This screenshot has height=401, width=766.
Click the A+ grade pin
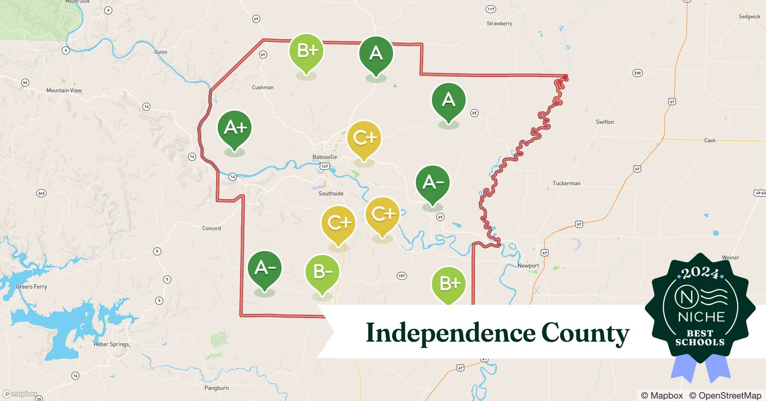pyautogui.click(x=235, y=128)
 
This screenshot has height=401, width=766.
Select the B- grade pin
pyautogui.click(x=322, y=272)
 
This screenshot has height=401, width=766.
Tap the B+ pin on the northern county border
pyautogui.click(x=306, y=52)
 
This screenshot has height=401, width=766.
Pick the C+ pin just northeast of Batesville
pyautogui.click(x=364, y=138)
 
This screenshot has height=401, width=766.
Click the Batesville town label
pyautogui.click(x=324, y=157)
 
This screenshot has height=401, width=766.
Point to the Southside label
pyautogui.click(x=331, y=193)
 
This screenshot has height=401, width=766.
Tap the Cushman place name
pyautogui.click(x=263, y=87)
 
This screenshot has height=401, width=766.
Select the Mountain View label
pyautogui.click(x=64, y=90)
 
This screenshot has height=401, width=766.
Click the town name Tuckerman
pyautogui.click(x=566, y=183)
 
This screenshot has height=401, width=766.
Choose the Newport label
pyautogui.click(x=528, y=265)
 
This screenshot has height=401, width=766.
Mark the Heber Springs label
pyautogui.click(x=111, y=344)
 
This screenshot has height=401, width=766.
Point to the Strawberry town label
pyautogui.click(x=499, y=24)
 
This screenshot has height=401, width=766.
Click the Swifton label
pyautogui.click(x=604, y=122)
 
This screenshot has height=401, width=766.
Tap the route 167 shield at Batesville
pyautogui.click(x=324, y=166)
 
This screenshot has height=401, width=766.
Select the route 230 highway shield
pyautogui.click(x=637, y=73)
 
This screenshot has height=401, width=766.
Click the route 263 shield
pyautogui.click(x=41, y=193)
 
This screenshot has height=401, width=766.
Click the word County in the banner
pyautogui.click(x=585, y=333)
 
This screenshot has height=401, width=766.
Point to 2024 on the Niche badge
pyautogui.click(x=700, y=273)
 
